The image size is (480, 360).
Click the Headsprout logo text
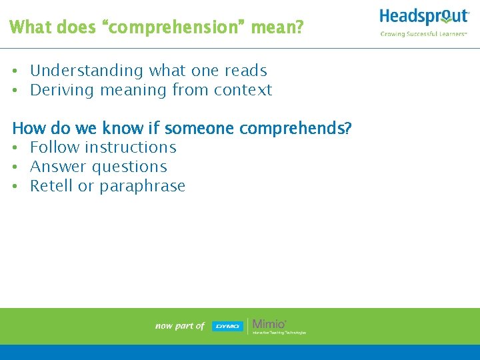coord(424,17)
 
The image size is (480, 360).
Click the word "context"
coord(243,90)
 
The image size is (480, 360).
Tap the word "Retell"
coord(51,186)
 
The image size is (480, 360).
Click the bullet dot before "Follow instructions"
coord(15,148)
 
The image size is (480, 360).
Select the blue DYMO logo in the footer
coord(227,326)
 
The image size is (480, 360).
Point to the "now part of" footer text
coord(179,326)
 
